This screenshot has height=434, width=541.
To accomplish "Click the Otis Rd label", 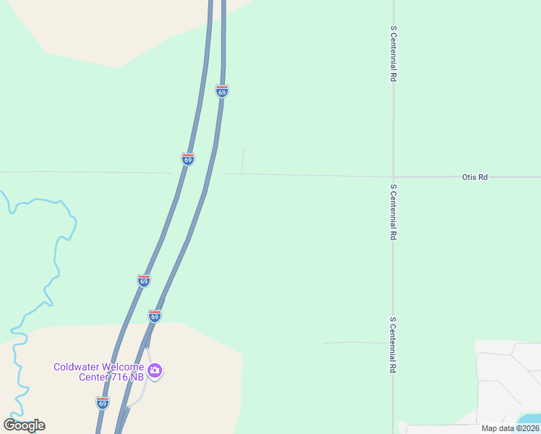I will pos(474,176).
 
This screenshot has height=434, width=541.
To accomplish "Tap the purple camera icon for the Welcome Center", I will pos(155,371).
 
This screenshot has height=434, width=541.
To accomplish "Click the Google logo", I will pos(25,425).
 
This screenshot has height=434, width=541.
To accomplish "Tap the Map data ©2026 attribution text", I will pos(510,428).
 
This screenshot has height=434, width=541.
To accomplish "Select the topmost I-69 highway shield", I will pos(222,91).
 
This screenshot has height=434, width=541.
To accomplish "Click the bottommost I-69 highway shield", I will pos(103,402).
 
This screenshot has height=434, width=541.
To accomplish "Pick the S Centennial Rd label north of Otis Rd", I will pos(393,53).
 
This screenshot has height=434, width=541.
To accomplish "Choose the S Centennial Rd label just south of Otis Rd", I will pos(393,213).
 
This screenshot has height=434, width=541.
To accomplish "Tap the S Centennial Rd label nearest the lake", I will pos(393,345).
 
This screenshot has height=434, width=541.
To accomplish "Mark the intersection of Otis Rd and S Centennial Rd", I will pos(393,176).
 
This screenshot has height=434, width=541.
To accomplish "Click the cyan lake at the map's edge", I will pos(531,419).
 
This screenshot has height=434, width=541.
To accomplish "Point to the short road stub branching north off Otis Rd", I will pos(243,160).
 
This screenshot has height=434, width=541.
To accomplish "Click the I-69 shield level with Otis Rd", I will pos(187,159).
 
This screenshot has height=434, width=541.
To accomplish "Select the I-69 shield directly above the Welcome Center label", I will pos(154,316).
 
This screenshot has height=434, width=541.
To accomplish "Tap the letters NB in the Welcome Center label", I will pos(135,378).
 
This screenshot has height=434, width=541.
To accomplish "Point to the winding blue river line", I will pos(56,253).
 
